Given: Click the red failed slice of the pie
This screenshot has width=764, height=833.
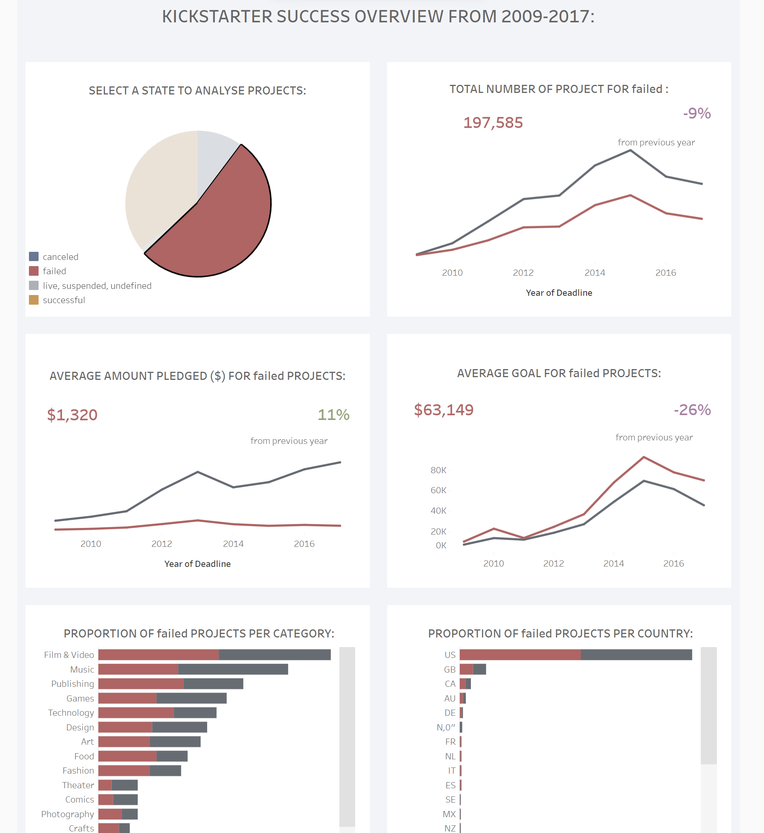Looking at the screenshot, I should point(223,223).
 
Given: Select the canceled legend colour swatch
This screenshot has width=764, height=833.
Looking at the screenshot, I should point(34,256).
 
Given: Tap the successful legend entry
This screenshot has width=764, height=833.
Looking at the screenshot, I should point(64,300).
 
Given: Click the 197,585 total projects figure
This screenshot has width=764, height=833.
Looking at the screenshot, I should point(493,123).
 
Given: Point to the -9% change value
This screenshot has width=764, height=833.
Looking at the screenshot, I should point(697,113).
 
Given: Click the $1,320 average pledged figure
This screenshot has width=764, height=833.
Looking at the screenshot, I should point(73,415).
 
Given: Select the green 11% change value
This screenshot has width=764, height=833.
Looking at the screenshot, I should point(333,415).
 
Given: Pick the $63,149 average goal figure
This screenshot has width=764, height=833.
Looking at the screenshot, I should point(444,410).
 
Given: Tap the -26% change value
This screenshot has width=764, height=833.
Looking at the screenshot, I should point(692,410).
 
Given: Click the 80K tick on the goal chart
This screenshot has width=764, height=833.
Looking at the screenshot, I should point(438,470).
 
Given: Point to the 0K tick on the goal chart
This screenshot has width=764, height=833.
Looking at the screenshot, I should point(441,545).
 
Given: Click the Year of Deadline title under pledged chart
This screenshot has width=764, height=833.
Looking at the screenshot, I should point(197,564).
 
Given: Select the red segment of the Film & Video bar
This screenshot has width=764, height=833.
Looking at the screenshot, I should point(159,654).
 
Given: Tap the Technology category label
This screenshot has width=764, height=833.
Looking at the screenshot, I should point(71,713).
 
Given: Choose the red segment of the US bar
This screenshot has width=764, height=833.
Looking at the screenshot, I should point(520,654).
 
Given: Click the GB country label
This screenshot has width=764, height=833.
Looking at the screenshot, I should point(450,669).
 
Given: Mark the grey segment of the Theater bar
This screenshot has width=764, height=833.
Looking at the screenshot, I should point(125,785).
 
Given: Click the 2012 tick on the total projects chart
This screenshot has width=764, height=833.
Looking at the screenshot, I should point(523,273).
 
